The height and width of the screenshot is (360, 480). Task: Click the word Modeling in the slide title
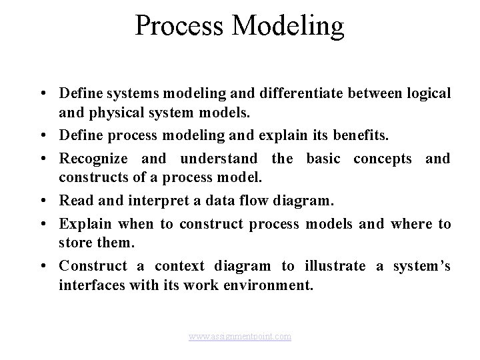[x=285, y=26]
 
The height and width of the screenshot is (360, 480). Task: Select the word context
[x=180, y=266]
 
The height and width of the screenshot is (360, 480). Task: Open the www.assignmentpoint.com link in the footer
[x=240, y=337]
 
